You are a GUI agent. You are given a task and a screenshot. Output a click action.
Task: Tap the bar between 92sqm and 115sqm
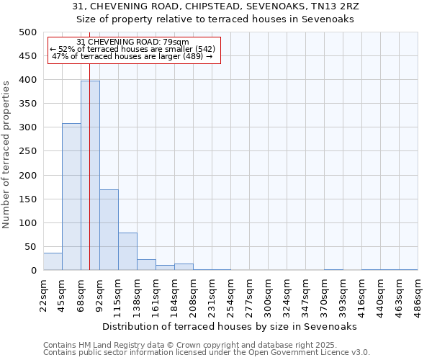109,230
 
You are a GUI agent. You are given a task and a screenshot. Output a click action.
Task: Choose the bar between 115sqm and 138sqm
127,251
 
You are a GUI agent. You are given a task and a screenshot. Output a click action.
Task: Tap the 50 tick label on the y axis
30,247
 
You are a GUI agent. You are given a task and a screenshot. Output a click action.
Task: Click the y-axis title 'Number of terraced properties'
7,154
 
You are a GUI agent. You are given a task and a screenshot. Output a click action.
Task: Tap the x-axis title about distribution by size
230,326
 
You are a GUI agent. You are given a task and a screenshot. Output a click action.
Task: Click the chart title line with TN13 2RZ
216,6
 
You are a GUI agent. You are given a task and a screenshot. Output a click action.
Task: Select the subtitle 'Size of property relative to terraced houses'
216,19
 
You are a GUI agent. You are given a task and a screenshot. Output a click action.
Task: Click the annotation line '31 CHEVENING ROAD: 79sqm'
132,42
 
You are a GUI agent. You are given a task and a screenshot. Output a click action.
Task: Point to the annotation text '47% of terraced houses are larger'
132,56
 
